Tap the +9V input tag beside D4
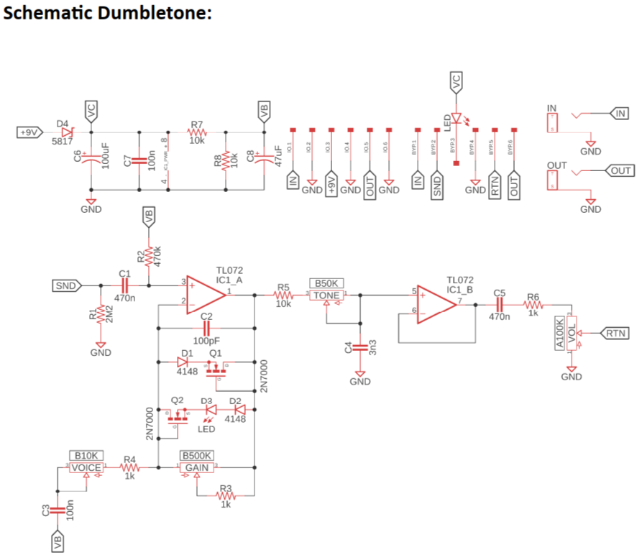tap(29, 133)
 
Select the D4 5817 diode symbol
tap(67, 133)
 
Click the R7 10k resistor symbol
tap(197, 133)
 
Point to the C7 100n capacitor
tap(139, 160)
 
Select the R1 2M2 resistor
tap(101, 314)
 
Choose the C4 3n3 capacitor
tap(360, 349)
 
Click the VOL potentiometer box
tap(572, 334)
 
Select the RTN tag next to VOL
tap(613, 334)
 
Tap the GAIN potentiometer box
tap(196, 467)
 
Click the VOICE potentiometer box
tap(87, 467)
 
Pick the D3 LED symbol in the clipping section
tap(209, 409)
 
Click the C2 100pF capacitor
tap(206, 328)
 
